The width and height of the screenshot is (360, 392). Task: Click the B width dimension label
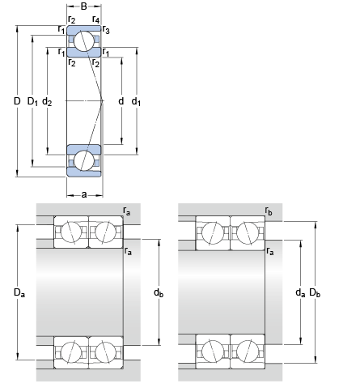click(84, 6)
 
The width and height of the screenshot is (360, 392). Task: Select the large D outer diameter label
click(17, 101)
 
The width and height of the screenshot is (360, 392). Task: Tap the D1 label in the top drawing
click(33, 101)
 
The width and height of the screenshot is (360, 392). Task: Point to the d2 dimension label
click(48, 101)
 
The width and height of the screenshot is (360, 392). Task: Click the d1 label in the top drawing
click(136, 101)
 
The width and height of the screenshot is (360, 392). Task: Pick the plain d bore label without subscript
click(121, 101)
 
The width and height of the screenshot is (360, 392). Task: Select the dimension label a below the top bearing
click(84, 194)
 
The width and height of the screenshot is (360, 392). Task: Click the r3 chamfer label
click(106, 30)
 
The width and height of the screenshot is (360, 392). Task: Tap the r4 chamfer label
click(95, 19)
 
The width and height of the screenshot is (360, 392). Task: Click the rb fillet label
click(269, 211)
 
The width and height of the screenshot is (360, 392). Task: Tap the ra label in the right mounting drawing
click(269, 252)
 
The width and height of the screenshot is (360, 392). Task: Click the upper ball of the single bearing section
click(85, 42)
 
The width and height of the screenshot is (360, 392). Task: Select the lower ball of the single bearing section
click(85, 159)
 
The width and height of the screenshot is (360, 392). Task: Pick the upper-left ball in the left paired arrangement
click(71, 232)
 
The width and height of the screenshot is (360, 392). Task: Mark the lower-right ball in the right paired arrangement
click(248, 354)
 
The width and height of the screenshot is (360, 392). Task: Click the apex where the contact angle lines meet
click(103, 100)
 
